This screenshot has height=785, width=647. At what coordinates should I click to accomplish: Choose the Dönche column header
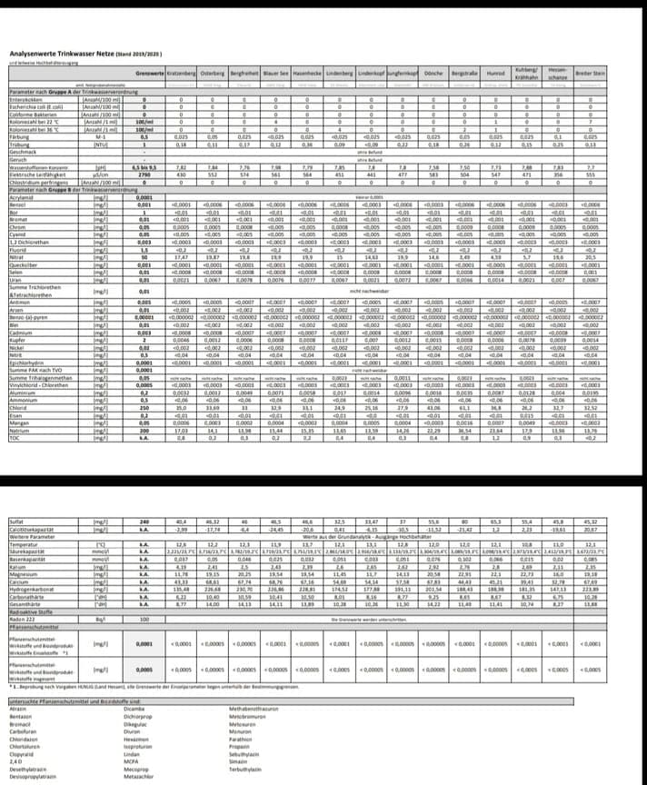coord(433,72)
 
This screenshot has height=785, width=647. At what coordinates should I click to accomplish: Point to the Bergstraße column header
coord(465,72)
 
